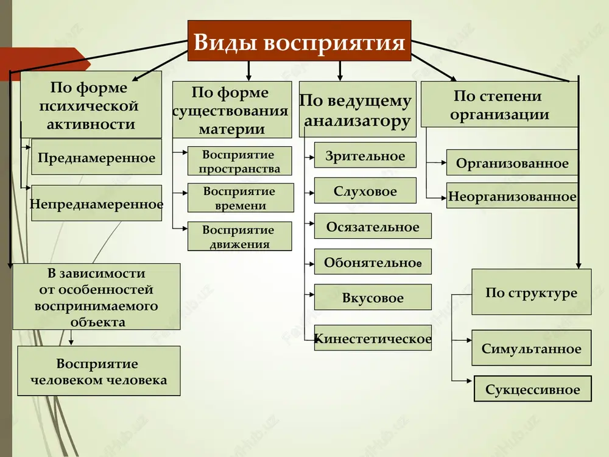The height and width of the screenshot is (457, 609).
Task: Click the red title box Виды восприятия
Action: [299, 41]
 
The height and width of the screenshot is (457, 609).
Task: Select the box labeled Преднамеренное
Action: [96, 157]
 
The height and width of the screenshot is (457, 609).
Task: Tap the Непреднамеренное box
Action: [96, 203]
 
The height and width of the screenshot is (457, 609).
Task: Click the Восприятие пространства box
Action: [239, 161]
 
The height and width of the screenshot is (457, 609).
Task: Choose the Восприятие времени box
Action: [241, 198]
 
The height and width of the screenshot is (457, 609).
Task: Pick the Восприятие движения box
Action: [239, 236]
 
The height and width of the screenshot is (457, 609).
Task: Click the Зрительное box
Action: [365, 155]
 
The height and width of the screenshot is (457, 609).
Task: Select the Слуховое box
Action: [365, 190]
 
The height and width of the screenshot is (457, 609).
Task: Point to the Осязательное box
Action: [373, 226]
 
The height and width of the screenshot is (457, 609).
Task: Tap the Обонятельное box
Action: [373, 261]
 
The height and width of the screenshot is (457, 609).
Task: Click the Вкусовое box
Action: [373, 297]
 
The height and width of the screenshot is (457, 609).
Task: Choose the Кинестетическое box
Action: [373, 338]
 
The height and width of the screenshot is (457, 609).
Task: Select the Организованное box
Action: [512, 163]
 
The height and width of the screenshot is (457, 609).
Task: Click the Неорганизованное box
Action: [512, 196]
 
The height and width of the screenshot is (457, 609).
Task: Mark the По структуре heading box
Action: [531, 292]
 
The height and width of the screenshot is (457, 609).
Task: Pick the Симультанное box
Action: [531, 348]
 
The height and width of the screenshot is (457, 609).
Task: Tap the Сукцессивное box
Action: [532, 389]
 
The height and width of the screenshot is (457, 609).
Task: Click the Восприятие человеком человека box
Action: [99, 371]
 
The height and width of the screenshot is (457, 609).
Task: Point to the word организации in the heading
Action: [499, 115]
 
